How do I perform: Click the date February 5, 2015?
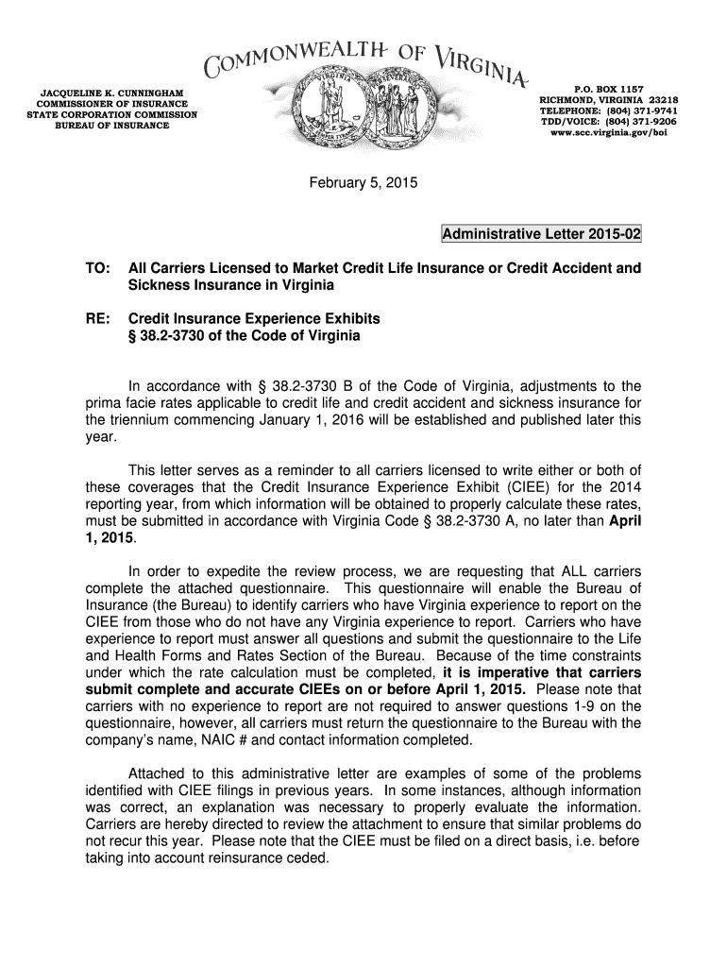pyautogui.click(x=363, y=181)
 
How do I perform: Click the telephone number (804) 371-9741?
pyautogui.click(x=639, y=110)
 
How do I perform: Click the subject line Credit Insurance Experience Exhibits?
pyautogui.click(x=254, y=318)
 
